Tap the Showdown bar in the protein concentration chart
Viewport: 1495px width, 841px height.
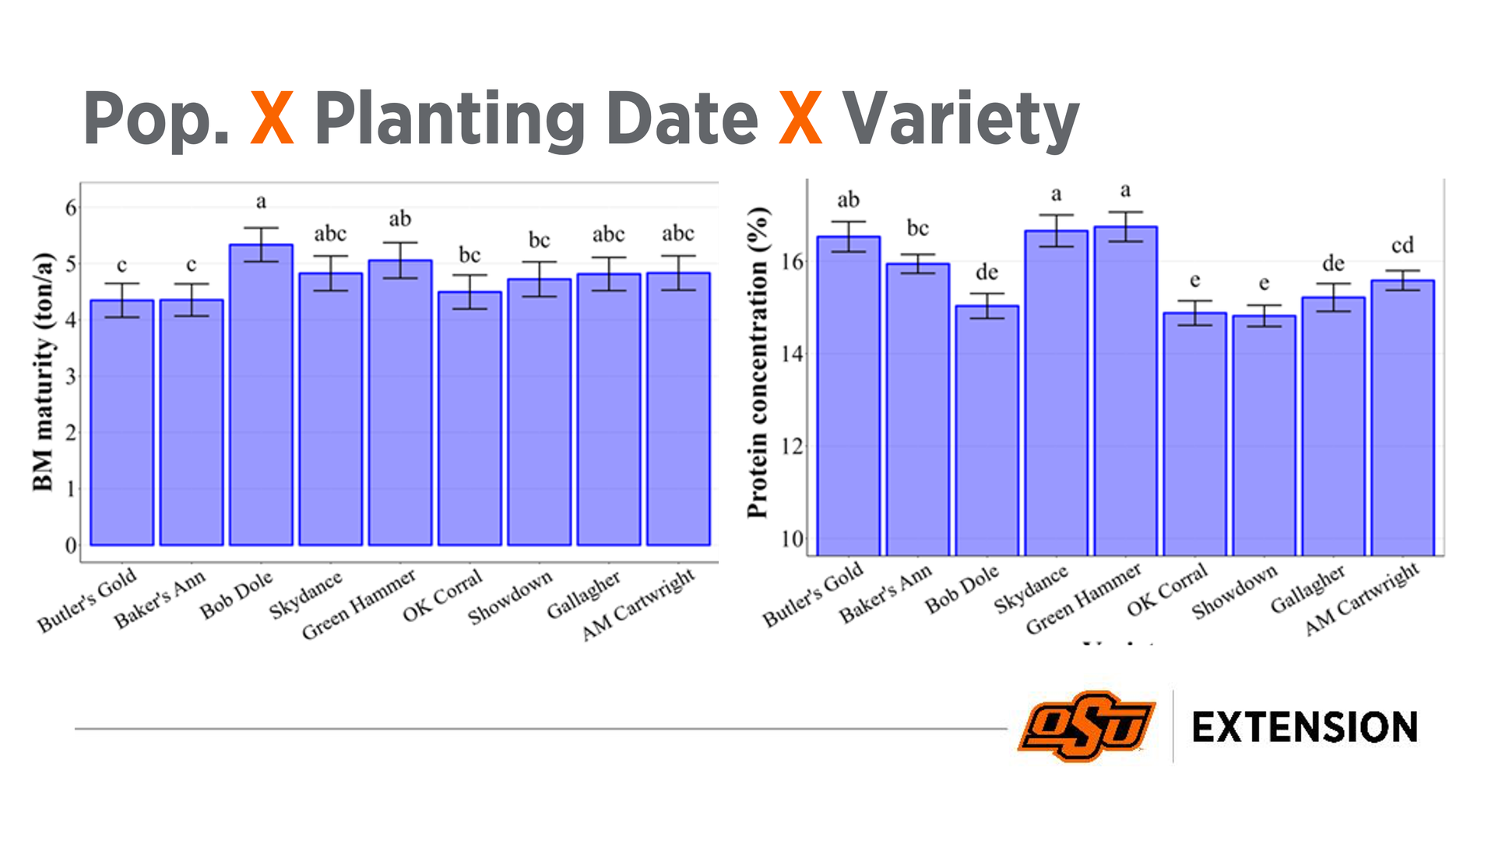tap(1264, 435)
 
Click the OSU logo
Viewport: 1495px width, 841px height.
tap(1085, 726)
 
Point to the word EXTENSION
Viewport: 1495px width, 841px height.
tap(1304, 727)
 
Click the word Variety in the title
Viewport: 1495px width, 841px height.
tap(961, 119)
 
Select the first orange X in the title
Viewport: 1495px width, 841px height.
tap(272, 118)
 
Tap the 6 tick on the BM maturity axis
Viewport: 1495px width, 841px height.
tap(72, 208)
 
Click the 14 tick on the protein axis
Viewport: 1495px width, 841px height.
tap(792, 354)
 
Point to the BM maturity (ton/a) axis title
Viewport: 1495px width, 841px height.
tap(44, 372)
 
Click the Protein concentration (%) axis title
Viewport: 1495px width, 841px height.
tap(758, 362)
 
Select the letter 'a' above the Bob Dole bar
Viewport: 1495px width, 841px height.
tap(261, 202)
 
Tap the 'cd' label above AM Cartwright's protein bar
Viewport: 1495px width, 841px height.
tap(1402, 246)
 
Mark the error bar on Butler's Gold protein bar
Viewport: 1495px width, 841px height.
tap(848, 237)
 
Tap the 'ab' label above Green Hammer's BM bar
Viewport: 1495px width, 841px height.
tap(399, 220)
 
